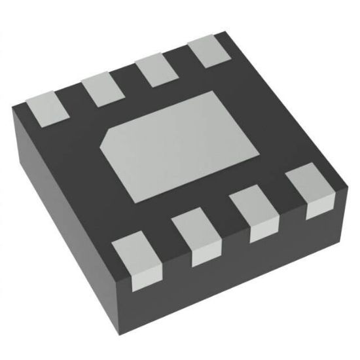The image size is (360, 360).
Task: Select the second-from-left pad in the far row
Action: tap(103, 90)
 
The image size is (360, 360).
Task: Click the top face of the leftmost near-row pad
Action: tap(136, 251)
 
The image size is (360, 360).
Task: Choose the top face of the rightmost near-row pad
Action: tap(308, 183)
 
